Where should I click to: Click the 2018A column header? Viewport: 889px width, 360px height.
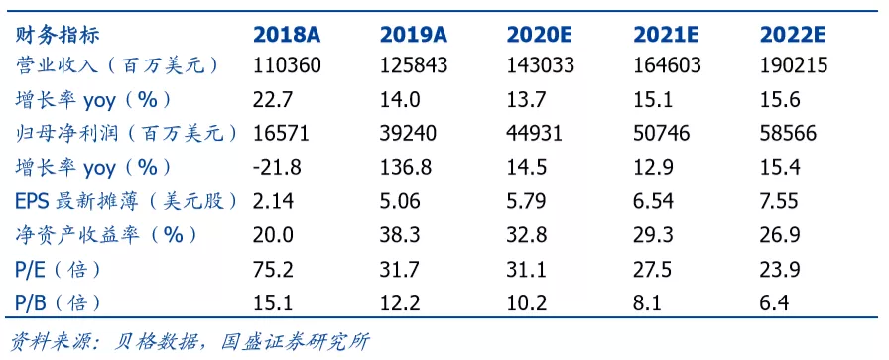click(287, 35)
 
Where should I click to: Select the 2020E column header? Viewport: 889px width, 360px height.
click(540, 35)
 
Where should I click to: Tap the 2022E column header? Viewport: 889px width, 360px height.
click(793, 35)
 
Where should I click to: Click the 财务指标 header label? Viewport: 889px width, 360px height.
click(57, 35)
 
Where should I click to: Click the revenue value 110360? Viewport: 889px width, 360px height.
click(287, 66)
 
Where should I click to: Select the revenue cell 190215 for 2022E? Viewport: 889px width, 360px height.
click(794, 66)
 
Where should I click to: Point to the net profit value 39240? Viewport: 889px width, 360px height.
click(408, 134)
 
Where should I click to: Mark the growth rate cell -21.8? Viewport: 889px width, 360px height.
click(277, 168)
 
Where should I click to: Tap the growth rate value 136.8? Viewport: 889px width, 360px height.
click(406, 168)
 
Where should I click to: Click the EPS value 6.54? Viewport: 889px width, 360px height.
click(654, 201)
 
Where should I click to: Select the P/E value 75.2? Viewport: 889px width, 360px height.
click(273, 270)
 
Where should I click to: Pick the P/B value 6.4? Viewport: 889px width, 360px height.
click(775, 303)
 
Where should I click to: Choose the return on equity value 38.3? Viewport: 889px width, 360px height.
click(400, 235)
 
